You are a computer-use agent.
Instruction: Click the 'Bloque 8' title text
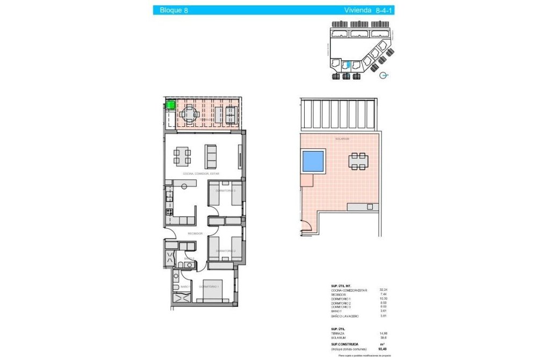point(170,10)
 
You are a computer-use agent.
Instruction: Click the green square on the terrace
point(171,105)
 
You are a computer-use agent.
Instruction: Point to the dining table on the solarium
point(358,161)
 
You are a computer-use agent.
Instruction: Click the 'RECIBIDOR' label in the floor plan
point(194,234)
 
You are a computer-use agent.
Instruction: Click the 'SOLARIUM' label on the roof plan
point(342,139)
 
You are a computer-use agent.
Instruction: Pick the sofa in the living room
point(210,156)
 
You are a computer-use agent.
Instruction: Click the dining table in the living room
point(182,156)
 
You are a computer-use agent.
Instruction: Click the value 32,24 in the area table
point(384,290)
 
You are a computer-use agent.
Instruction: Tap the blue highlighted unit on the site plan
point(347,66)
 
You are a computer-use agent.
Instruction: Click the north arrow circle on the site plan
point(383,76)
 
